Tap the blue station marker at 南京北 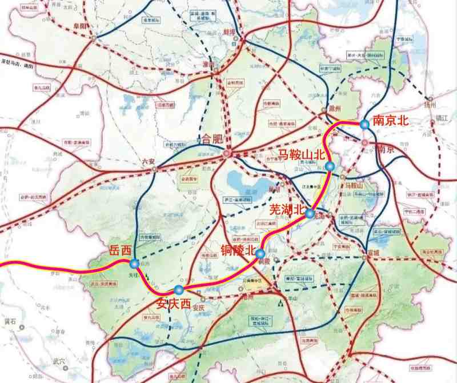click(364, 124)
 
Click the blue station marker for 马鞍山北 click(330, 166)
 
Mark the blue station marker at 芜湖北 click(310, 214)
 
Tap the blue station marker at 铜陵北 click(260, 253)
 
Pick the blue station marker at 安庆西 click(179, 289)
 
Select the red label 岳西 click(120, 250)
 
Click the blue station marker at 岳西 click(134, 264)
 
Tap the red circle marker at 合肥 click(227, 153)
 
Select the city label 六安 click(149, 162)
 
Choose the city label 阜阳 click(82, 26)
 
